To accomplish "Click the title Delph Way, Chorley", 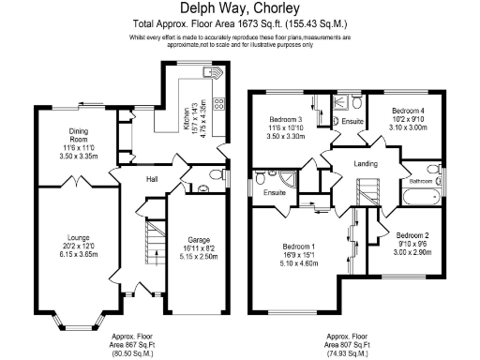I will tap(240, 8).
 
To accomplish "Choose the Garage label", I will tap(198, 239).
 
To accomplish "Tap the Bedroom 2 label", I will tap(412, 234).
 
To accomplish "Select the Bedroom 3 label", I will tap(285, 120).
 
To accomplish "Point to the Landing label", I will tap(365, 164).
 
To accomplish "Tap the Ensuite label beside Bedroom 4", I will tap(352, 121).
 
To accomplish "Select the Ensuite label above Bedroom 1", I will tap(275, 192).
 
